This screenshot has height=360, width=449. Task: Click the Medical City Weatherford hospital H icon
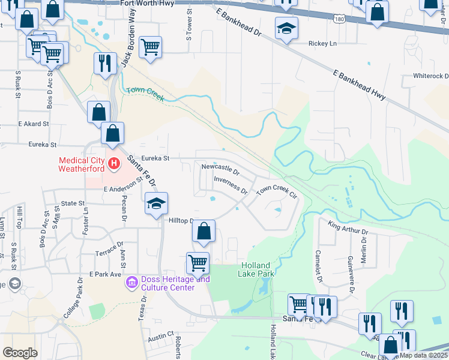pyautogui.click(x=113, y=162)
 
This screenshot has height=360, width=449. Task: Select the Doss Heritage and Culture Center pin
pyautogui.click(x=131, y=281)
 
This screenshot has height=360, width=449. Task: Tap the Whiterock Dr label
pyautogui.click(x=430, y=76)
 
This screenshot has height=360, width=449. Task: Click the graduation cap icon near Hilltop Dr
pyautogui.click(x=155, y=203)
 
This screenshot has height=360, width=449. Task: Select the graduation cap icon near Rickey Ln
pyautogui.click(x=286, y=28)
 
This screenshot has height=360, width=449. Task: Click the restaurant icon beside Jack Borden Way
pyautogui.click(x=105, y=63)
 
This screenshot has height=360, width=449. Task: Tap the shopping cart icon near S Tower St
pyautogui.click(x=150, y=46)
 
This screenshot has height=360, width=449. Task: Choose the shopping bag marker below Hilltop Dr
pyautogui.click(x=204, y=231)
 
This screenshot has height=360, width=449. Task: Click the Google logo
pyautogui.click(x=20, y=353)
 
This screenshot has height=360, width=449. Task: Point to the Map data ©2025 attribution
pyautogui.click(x=424, y=355)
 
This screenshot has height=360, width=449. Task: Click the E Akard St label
pyautogui.click(x=33, y=124)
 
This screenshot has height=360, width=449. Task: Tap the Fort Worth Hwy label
pyautogui.click(x=146, y=4)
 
